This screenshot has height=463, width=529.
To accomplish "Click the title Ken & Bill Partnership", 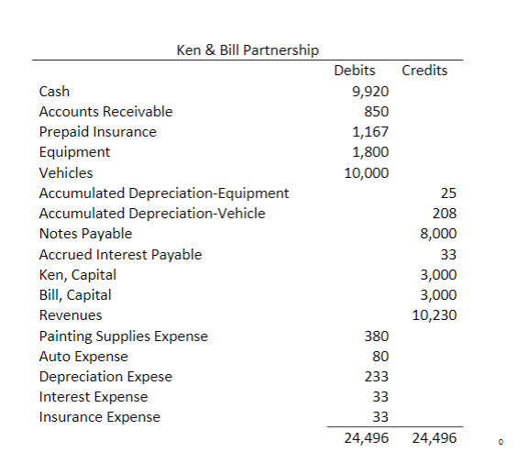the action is [x=247, y=50].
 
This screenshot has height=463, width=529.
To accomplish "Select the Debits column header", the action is [x=354, y=71].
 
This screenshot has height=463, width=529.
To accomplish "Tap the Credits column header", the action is [x=424, y=71].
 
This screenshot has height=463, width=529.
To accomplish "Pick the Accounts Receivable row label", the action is [x=105, y=112].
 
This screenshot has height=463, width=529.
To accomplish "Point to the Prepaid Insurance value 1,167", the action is [x=370, y=132].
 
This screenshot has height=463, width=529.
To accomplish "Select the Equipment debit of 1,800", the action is [x=370, y=152].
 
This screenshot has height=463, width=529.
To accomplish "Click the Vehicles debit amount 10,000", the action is [x=366, y=172].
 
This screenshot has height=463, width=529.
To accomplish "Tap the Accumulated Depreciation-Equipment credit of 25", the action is [x=448, y=193].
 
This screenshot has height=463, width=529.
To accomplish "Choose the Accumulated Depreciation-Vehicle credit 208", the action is [x=445, y=213].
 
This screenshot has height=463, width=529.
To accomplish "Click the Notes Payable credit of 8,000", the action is [x=438, y=234].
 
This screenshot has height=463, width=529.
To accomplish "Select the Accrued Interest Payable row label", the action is [x=120, y=254].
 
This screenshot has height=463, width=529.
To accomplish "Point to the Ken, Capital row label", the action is [x=78, y=274].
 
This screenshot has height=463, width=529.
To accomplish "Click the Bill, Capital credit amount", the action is [x=438, y=295].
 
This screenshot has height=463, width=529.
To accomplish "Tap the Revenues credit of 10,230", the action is [x=435, y=315].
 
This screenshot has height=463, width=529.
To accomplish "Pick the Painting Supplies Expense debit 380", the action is [x=377, y=336].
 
